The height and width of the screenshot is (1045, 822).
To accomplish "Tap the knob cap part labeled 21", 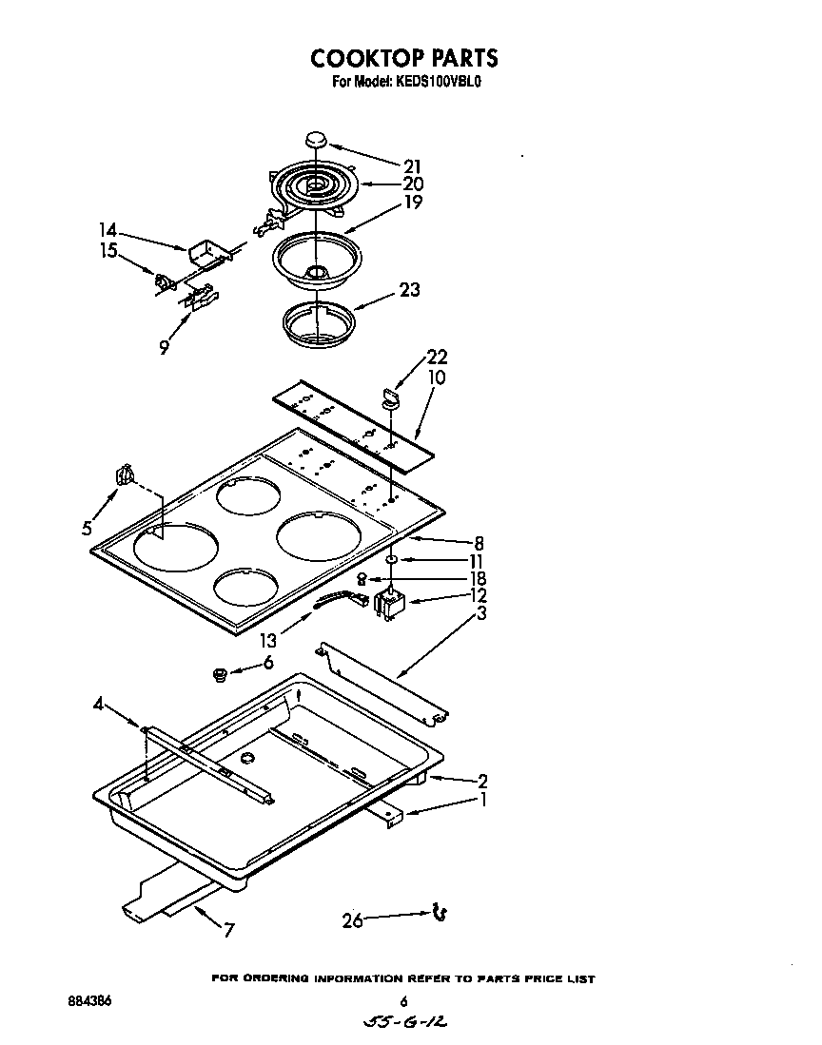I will (317, 140).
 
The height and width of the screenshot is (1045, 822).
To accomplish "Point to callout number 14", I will (109, 230).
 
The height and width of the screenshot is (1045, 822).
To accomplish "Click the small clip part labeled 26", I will (440, 913).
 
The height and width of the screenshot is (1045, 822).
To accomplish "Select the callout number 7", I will (228, 931).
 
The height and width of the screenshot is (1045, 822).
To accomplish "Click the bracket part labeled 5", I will (123, 474).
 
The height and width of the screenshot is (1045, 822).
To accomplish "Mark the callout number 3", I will (482, 613).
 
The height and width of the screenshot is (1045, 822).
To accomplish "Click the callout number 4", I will (99, 705).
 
